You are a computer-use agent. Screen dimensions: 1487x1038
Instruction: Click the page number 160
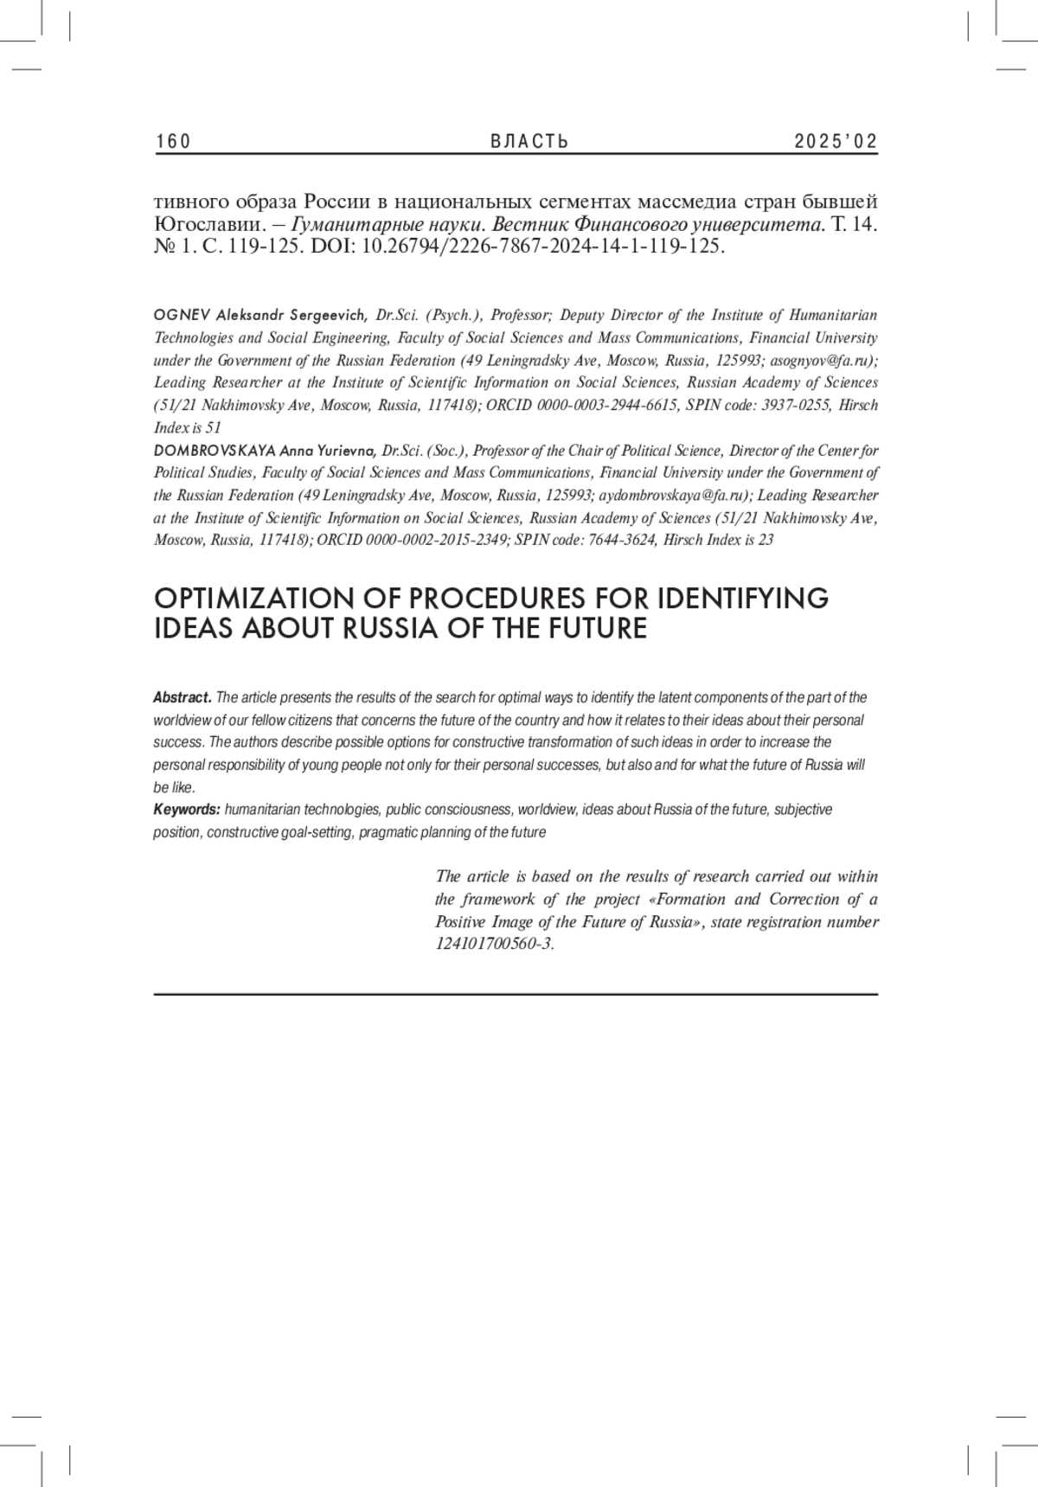point(173,142)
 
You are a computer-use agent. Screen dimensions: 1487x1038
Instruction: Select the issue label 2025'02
point(836,142)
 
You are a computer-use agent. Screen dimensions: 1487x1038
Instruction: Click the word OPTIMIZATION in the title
point(257,599)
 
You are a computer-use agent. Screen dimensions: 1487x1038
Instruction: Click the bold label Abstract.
point(183,697)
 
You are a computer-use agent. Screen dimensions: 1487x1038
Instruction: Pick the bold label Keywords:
point(187,810)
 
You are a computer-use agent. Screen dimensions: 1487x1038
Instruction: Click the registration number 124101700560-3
point(493,944)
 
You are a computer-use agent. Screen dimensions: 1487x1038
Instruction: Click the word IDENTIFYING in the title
point(743,599)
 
